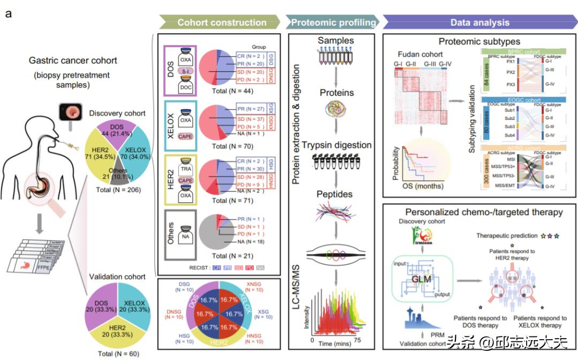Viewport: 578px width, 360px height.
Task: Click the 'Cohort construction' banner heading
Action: point(222,22)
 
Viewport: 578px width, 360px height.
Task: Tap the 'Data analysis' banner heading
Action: point(480,22)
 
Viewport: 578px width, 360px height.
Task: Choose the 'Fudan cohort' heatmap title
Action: point(421,55)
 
